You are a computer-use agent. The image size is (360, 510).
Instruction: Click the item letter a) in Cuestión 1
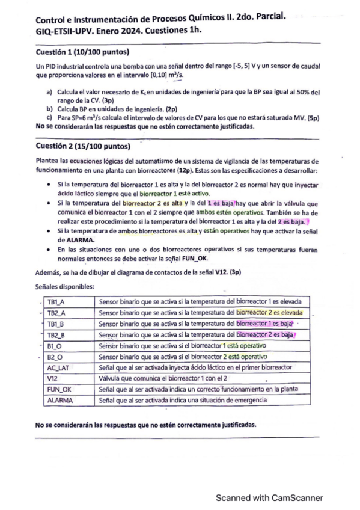pos(49,91)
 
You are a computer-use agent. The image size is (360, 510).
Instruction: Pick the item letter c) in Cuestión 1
pos(49,118)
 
